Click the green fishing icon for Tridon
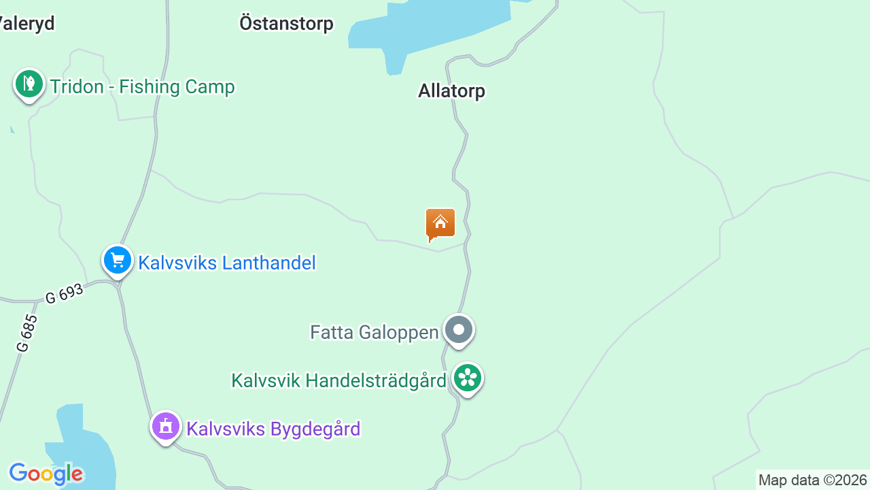click(29, 84)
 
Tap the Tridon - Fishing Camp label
click(142, 87)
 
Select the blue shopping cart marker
click(118, 260)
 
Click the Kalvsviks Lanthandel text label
click(227, 263)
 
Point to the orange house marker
click(440, 224)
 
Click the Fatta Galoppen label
click(375, 332)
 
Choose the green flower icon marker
click(468, 378)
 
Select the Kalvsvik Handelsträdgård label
click(338, 380)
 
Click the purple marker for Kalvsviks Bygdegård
click(166, 427)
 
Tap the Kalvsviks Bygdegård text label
click(273, 429)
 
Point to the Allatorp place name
click(452, 91)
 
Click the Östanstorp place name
click(286, 24)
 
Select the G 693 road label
click(65, 293)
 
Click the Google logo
click(46, 474)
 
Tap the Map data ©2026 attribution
click(812, 480)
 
